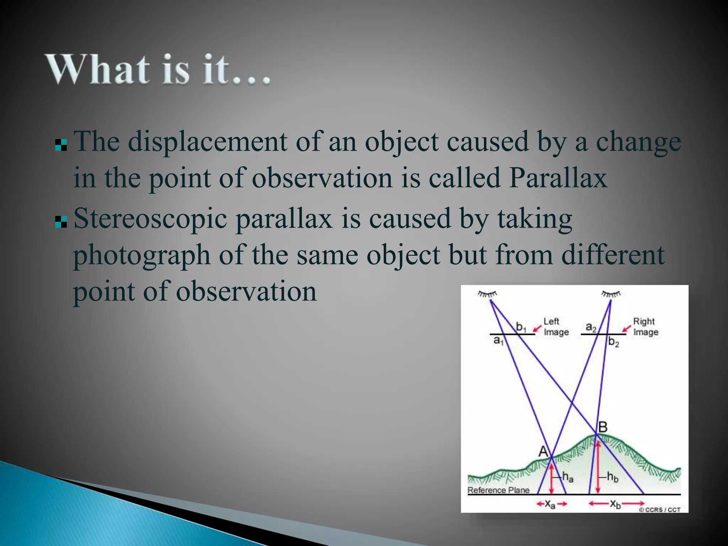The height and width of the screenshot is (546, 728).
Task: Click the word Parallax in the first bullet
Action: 558,178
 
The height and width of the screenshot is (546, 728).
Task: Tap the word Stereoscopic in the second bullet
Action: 150,219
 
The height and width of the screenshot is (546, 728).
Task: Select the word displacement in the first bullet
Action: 207,142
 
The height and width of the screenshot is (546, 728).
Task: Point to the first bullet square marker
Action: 61,145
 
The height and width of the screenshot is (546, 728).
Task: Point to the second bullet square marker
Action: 61,222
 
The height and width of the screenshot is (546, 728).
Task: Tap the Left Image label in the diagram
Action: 556,327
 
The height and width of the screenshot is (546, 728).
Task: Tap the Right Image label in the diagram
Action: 645,327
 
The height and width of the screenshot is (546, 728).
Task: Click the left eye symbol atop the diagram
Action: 487,294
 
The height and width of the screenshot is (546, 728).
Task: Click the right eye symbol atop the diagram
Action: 611,294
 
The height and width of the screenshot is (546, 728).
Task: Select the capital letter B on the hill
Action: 603,427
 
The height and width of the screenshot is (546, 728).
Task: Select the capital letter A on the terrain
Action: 543,451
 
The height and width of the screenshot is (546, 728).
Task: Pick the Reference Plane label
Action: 498,490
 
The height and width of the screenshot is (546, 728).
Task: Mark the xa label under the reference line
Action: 550,504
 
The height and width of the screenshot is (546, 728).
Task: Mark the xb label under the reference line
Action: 615,504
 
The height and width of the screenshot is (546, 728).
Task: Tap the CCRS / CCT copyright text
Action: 660,510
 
